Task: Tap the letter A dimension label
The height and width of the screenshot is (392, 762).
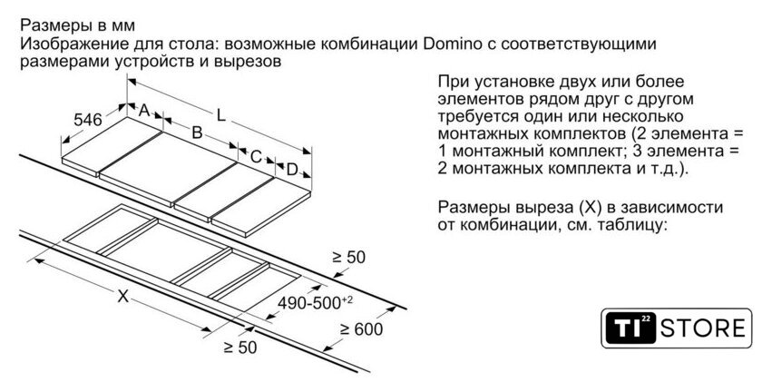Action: point(143,110)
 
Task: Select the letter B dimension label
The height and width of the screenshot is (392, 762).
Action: point(195,132)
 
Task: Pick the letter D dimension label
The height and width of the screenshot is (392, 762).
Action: point(292,170)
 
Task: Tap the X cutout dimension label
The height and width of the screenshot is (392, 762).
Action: point(122,295)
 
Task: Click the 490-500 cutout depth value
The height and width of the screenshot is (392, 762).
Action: point(313,301)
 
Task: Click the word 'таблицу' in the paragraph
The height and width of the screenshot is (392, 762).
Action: point(635,223)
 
